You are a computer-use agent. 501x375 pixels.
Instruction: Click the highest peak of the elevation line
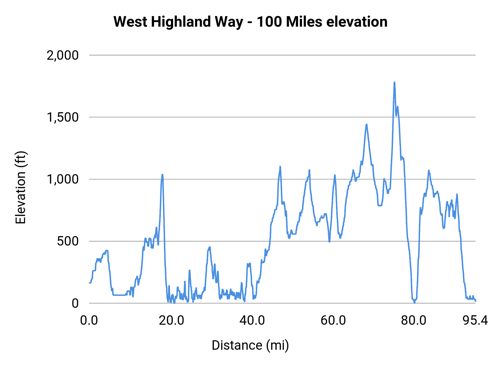coord(394,82)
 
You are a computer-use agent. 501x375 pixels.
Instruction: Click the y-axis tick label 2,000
coord(63,55)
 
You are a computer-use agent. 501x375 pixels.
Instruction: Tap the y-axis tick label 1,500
coord(63,117)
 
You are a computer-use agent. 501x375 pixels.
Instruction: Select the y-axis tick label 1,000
coord(63,179)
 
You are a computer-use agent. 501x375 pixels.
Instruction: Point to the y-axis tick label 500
coord(68,241)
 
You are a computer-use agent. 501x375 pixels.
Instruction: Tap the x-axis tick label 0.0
coord(89,321)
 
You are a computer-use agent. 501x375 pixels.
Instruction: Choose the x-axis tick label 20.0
coord(171,321)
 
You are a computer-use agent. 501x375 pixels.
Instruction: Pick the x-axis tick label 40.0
coord(252,321)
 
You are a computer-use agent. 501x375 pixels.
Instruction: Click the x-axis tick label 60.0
coord(333,321)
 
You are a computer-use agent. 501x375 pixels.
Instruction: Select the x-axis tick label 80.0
coord(414,321)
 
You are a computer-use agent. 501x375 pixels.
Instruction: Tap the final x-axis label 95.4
coord(475,321)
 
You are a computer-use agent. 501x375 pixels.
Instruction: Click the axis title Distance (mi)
coord(250,345)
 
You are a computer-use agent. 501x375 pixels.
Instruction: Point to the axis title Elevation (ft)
coord(21,187)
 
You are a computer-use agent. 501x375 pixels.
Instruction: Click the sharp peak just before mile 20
coord(162,175)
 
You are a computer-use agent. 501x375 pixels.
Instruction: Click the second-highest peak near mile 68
coord(367,124)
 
